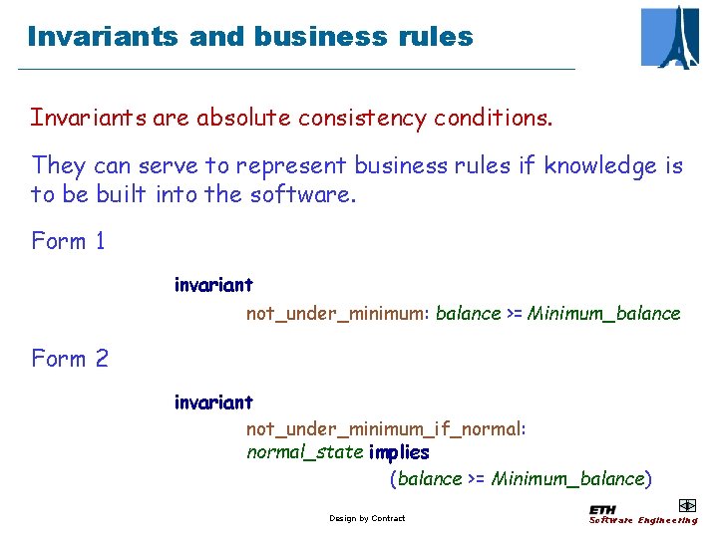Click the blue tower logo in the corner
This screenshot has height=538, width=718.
tap(670, 36)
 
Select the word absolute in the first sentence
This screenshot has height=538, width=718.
tap(242, 118)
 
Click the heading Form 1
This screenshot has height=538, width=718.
tap(69, 241)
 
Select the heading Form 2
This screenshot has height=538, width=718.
tap(70, 359)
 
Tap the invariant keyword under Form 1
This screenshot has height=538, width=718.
tap(213, 286)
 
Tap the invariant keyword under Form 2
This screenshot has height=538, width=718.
tap(213, 403)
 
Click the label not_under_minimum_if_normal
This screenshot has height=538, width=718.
tap(384, 429)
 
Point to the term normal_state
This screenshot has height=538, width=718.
tap(304, 453)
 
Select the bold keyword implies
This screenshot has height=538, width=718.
tap(399, 453)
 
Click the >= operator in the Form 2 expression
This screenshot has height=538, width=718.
tap(477, 479)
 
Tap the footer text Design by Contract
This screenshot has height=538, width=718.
tap(367, 518)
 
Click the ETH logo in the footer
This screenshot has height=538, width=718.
tap(602, 510)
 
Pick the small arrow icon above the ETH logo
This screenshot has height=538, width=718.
tap(686, 505)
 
